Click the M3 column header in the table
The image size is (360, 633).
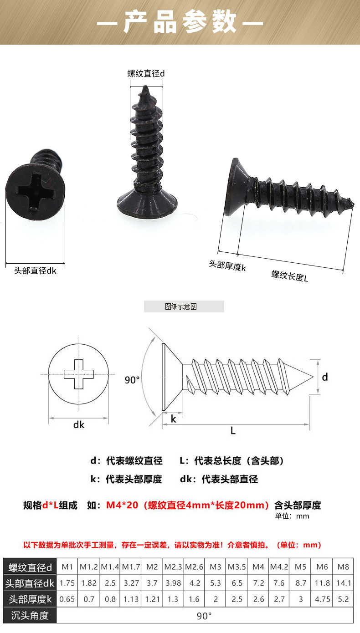(216, 567)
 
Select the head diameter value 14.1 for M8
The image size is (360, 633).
(343, 583)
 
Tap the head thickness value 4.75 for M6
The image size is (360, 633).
(322, 599)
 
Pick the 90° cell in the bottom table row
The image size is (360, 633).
(204, 616)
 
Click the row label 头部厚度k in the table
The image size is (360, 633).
(30, 599)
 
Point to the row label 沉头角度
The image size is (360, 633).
(30, 616)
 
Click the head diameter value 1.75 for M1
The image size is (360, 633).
(67, 583)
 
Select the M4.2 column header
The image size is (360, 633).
(279, 567)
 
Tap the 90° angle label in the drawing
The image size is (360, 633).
(132, 380)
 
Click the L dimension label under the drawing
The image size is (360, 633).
(233, 431)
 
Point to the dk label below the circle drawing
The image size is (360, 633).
(79, 424)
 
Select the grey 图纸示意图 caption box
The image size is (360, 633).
(184, 306)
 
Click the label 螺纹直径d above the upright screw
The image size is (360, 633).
(146, 73)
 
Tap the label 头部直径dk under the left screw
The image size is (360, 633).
(35, 271)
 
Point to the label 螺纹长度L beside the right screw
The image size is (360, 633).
(290, 275)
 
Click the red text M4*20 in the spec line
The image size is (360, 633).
(122, 505)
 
